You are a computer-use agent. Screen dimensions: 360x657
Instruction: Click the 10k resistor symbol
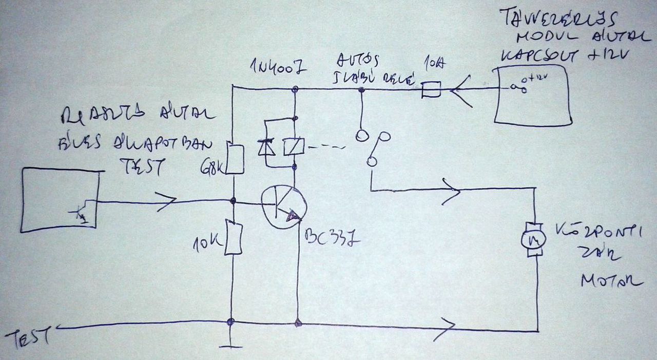[234, 237]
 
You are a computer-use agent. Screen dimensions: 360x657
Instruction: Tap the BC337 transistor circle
[284, 207]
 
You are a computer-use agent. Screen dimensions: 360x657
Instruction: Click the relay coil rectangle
[295, 147]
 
